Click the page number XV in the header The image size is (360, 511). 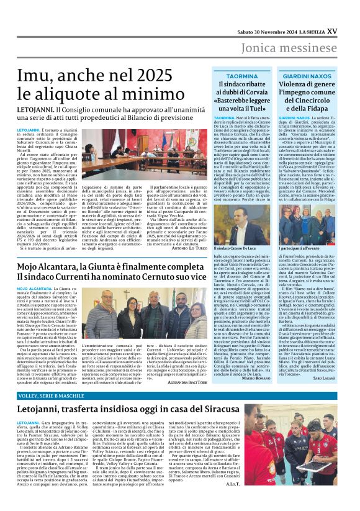coord(349,14)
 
